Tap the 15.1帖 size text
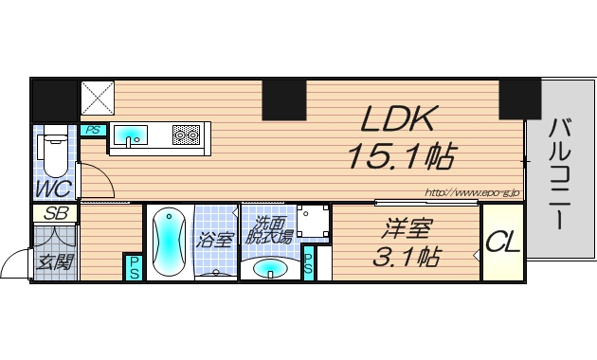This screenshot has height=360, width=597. [x=398, y=155]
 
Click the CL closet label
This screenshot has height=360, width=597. [x=502, y=243]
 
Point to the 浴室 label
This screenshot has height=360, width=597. [x=215, y=240]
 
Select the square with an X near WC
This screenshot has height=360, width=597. [x=97, y=98]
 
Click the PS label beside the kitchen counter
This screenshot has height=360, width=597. [x=92, y=131]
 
